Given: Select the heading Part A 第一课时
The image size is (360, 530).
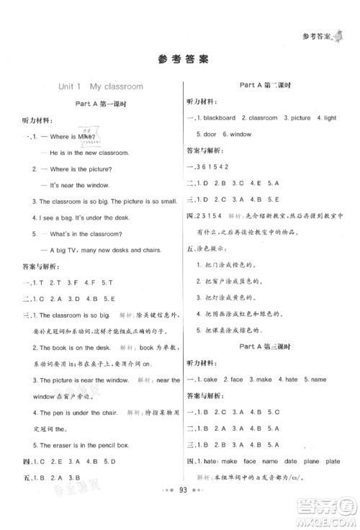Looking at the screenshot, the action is [102, 104].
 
